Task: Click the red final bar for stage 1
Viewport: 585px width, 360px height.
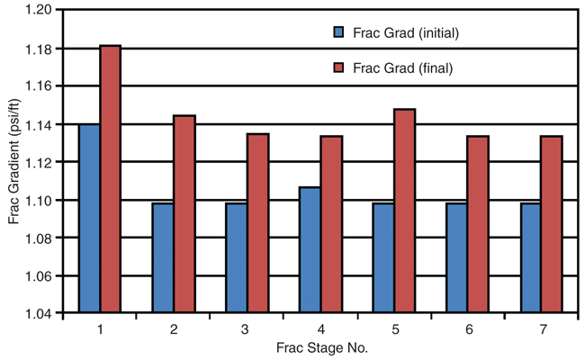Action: point(111,179)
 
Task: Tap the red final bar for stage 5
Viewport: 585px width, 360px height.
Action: point(404,211)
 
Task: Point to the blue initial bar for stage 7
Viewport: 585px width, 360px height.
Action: point(530,258)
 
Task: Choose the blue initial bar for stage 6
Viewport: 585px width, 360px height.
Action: point(456,258)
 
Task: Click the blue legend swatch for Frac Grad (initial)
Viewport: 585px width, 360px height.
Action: point(338,32)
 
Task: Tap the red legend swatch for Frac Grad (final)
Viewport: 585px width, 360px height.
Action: point(338,67)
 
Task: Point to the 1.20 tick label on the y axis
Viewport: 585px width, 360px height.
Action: point(41,10)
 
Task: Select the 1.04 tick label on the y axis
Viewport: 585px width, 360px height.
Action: point(41,313)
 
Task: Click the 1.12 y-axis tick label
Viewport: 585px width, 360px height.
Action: point(41,162)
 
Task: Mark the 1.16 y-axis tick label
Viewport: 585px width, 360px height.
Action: point(41,85)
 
